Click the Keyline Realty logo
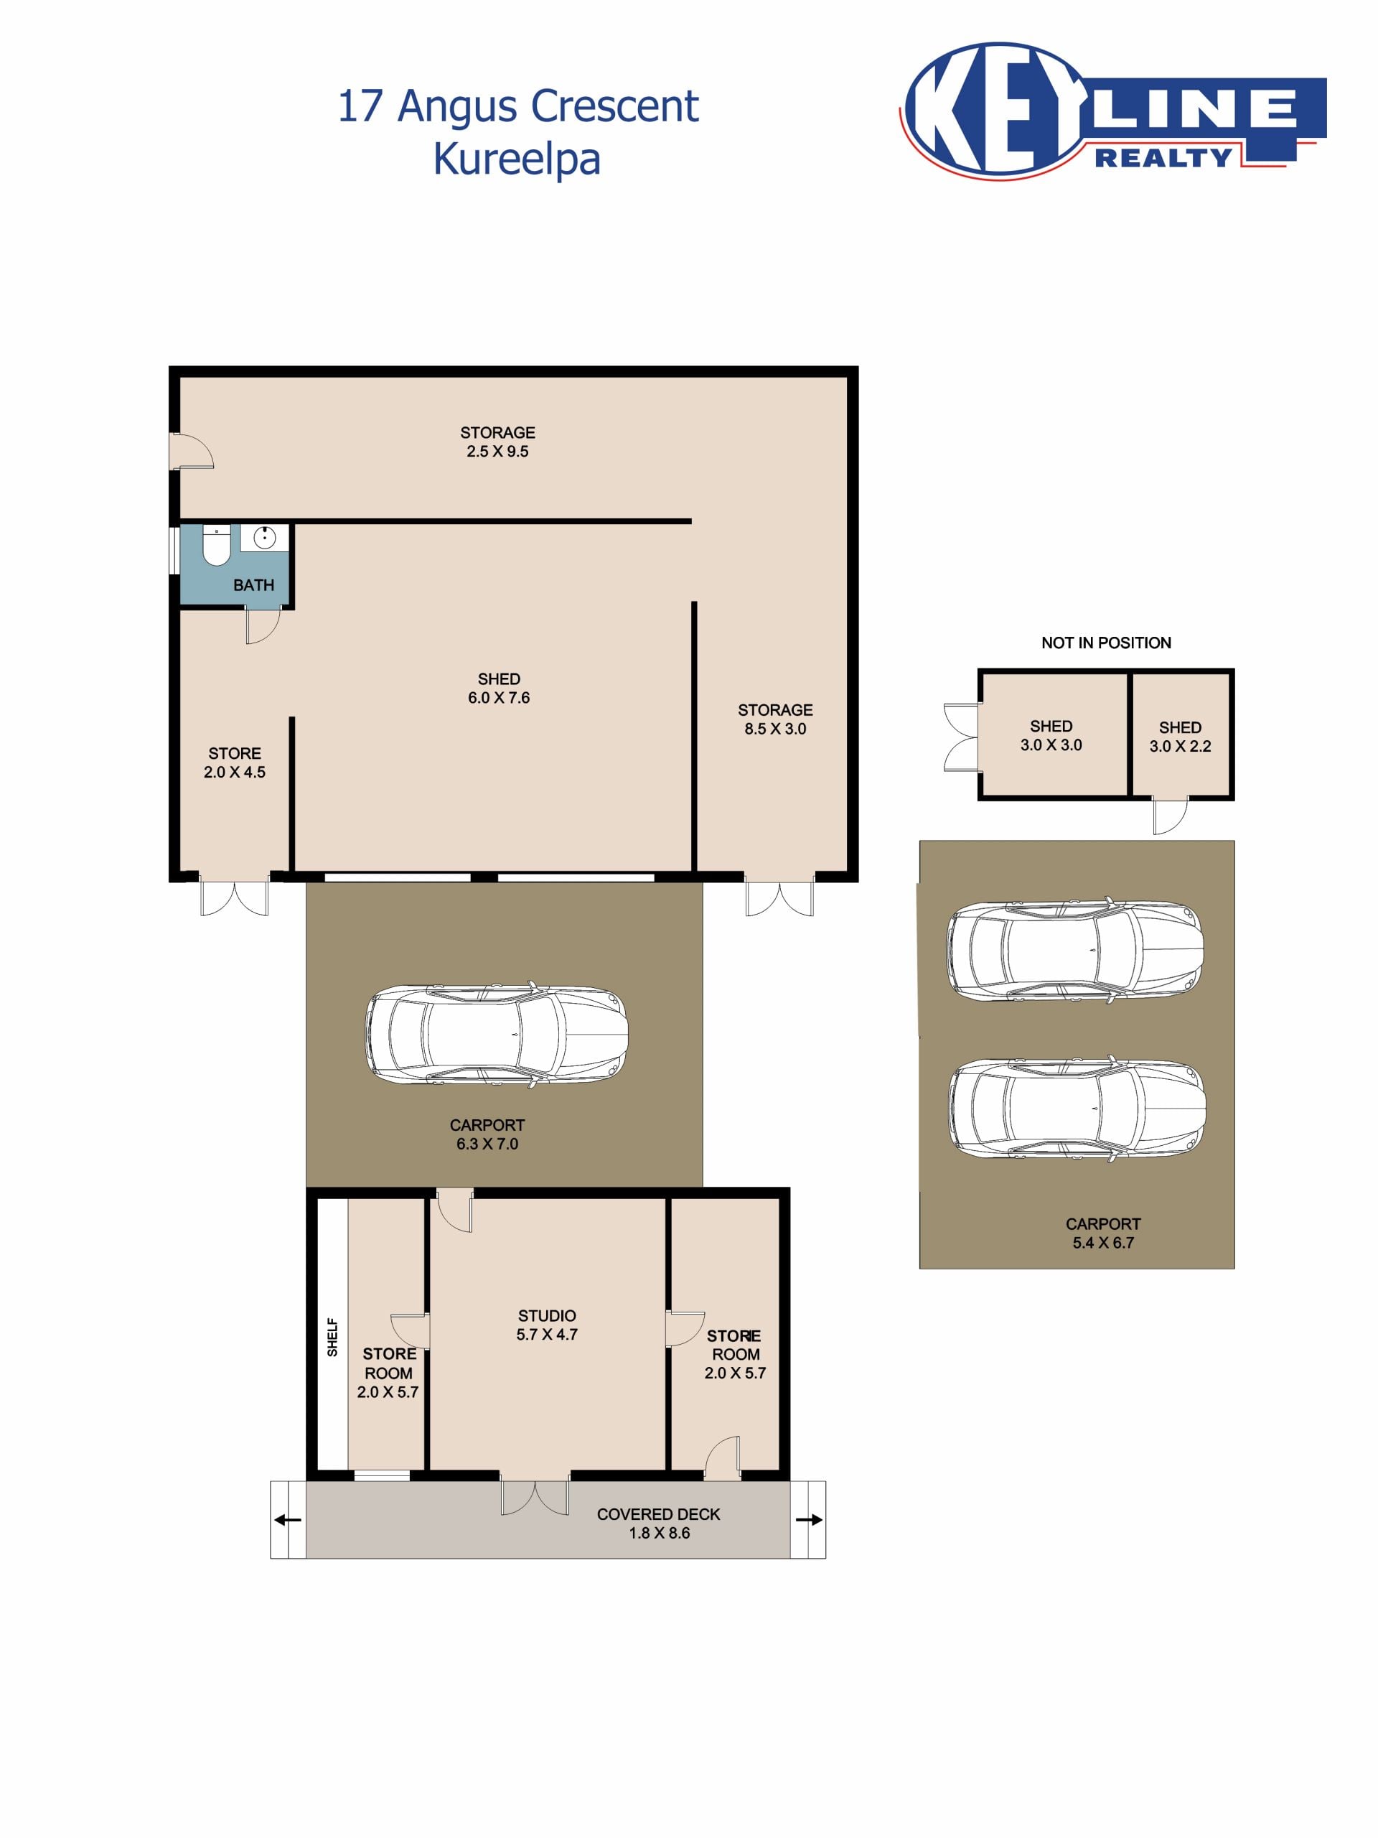1112,110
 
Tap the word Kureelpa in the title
517,159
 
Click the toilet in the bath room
216,545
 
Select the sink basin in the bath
265,538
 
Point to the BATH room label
253,585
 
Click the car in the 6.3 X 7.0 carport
497,1035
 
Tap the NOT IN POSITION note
1105,643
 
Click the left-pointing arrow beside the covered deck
287,1520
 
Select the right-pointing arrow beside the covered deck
809,1520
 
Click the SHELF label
332,1337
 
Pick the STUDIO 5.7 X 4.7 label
547,1325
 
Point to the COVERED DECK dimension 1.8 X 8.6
659,1532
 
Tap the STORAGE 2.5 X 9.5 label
497,442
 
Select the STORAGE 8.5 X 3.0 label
775,719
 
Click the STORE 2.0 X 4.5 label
234,762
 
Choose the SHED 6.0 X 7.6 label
498,688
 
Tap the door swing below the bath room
263,625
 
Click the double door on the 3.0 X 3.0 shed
962,737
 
